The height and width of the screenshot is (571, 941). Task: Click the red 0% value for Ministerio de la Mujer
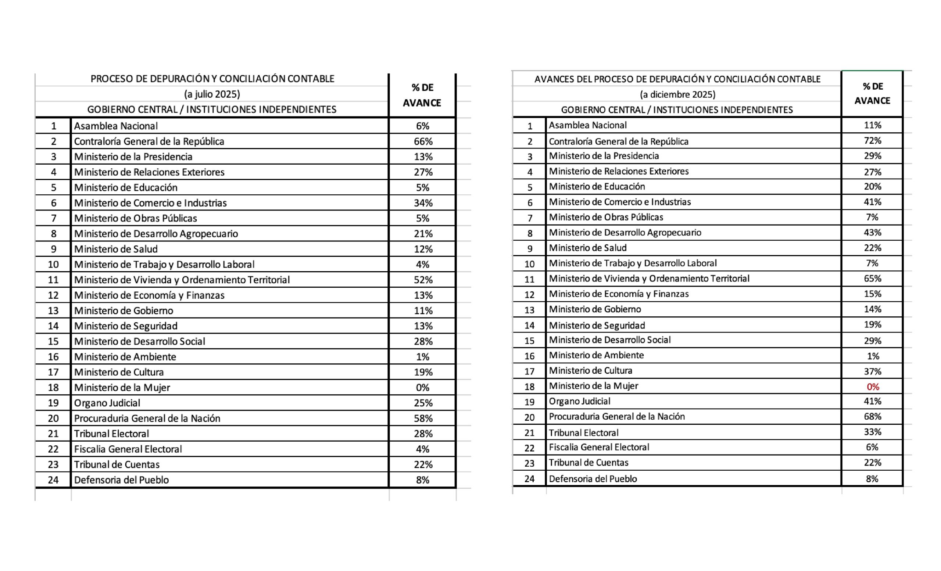[873, 387]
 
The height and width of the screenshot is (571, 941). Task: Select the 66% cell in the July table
[423, 141]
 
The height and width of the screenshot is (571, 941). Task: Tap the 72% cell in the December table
[872, 141]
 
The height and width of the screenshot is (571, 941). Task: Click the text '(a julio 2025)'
[212, 94]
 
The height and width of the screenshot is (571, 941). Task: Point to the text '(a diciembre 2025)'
[677, 94]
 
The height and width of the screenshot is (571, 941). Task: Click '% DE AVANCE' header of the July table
[422, 95]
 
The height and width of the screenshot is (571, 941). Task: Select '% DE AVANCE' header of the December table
[872, 93]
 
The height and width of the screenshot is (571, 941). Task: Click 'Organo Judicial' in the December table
[579, 401]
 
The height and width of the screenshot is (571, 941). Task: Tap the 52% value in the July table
[423, 280]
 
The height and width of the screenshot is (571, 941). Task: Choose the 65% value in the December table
[872, 279]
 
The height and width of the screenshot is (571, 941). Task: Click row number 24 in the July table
[53, 480]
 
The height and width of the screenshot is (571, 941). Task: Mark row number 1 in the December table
[530, 126]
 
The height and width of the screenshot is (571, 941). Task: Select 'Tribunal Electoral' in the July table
[111, 434]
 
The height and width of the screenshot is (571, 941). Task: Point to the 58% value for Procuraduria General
[423, 418]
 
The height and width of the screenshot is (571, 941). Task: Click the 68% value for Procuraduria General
[872, 416]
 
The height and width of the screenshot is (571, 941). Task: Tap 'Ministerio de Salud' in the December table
[588, 248]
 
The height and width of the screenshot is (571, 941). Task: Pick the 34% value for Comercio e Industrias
[423, 203]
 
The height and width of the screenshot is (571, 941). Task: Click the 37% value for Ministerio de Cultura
[872, 371]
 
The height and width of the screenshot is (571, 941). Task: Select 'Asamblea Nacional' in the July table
[116, 126]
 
